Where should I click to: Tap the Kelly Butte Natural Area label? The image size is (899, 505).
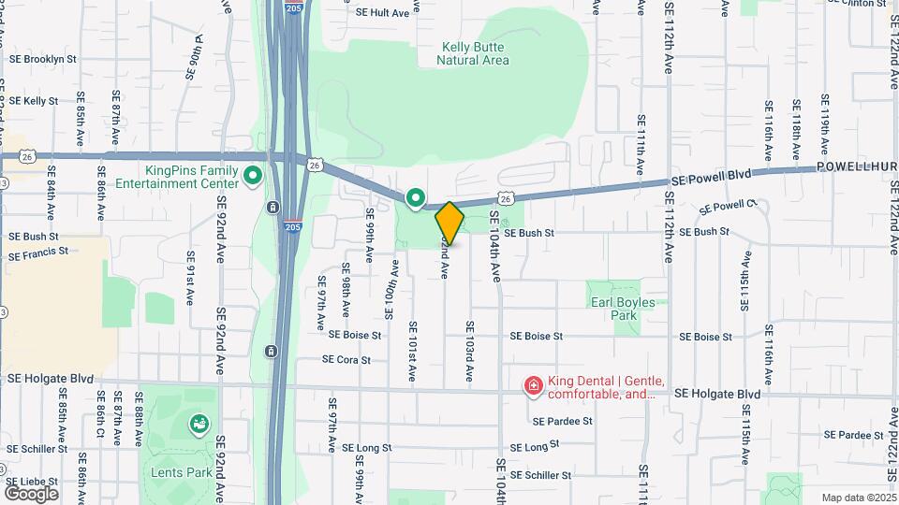(473, 53)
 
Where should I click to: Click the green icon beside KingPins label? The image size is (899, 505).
(252, 175)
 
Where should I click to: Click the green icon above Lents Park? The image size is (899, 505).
(199, 426)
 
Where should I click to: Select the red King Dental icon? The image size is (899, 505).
(533, 385)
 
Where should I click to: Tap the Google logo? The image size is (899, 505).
(31, 493)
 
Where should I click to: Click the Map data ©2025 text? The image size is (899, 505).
(858, 498)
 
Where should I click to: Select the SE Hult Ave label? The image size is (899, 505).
(383, 13)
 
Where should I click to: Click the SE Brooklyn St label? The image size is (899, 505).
(43, 58)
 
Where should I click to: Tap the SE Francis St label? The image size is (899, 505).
(38, 253)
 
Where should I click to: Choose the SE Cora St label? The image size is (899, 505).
(346, 359)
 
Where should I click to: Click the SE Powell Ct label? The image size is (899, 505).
(728, 206)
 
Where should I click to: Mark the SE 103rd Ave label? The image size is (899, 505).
(469, 353)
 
